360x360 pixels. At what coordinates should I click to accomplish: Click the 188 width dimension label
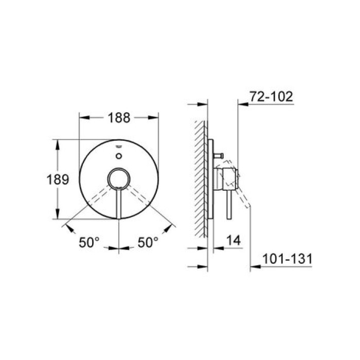point(118,118)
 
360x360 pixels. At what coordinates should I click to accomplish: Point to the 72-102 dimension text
point(271,96)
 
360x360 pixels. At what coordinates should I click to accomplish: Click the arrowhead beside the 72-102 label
point(243,103)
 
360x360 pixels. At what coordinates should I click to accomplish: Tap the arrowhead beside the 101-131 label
point(254,267)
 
